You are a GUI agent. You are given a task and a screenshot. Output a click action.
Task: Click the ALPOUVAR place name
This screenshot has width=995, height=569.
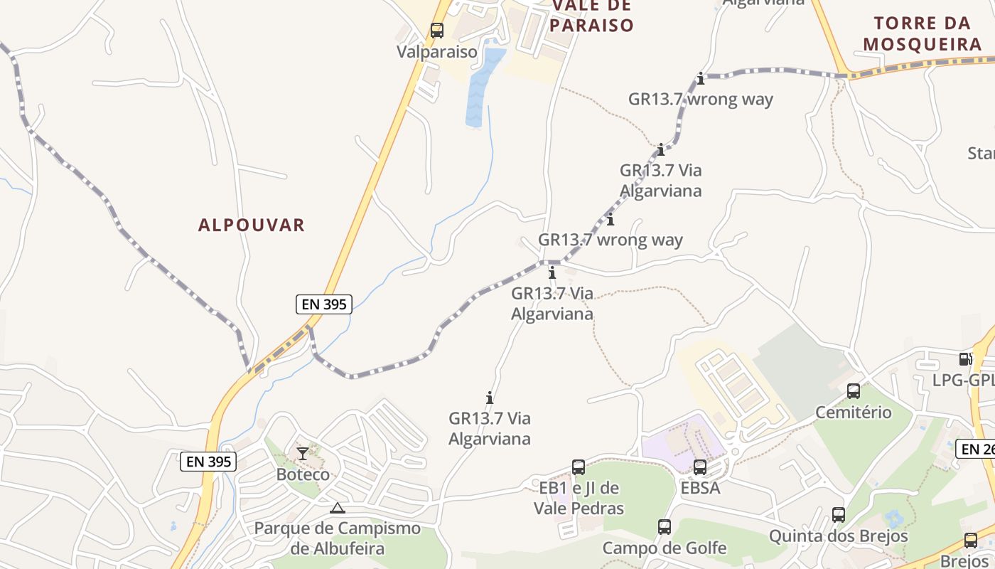252,225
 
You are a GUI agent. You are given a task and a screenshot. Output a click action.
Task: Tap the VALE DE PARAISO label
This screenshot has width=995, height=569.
592,16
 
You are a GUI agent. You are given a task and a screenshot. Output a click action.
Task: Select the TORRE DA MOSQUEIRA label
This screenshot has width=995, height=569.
923,33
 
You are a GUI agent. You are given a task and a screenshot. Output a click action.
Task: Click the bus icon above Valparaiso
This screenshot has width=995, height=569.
437,31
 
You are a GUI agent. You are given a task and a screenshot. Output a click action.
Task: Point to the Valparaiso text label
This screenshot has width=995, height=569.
437,51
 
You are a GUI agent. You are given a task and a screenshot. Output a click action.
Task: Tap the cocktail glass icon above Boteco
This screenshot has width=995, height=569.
303,453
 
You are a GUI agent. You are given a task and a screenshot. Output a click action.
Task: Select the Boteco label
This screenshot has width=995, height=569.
303,474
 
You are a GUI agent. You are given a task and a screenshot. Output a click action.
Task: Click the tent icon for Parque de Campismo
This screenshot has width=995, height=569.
338,508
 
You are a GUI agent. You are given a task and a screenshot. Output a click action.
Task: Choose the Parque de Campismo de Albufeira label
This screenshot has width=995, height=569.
338,538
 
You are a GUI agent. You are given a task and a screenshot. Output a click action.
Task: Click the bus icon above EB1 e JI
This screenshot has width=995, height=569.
579,467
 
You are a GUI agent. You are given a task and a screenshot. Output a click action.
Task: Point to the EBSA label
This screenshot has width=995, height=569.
700,488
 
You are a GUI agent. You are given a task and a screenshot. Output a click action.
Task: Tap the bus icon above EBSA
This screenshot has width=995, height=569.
700,467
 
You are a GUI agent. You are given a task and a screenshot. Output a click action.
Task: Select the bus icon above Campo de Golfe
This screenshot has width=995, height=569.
665,527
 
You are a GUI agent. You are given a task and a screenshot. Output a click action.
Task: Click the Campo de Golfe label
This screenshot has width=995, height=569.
665,548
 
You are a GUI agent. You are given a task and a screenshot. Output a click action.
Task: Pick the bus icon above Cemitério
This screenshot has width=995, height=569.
854,391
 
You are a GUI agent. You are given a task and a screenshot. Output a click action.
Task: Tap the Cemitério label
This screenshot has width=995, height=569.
854,412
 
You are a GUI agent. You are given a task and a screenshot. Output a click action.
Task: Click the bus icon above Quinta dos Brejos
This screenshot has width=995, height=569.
839,515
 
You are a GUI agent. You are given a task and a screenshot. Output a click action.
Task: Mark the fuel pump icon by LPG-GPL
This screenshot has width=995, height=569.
965,359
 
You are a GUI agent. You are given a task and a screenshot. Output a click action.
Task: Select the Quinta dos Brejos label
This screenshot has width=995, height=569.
839,536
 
